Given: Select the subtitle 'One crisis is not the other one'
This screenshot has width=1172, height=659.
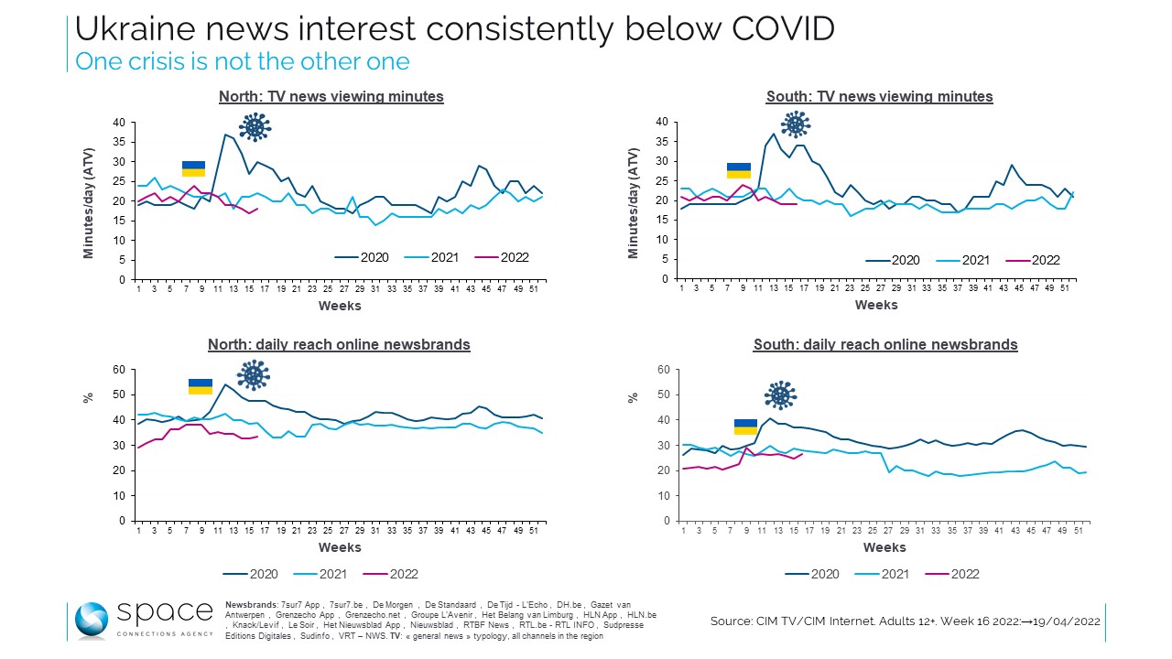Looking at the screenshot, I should pyautogui.click(x=242, y=61).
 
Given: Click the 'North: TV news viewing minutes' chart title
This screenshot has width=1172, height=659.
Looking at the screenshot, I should pyautogui.click(x=331, y=97).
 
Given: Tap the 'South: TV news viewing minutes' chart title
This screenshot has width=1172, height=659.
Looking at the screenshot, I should pyautogui.click(x=879, y=97).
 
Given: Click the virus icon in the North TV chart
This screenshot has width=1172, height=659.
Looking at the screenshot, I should pyautogui.click(x=255, y=126).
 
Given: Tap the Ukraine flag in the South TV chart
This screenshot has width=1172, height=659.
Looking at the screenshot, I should pyautogui.click(x=738, y=171).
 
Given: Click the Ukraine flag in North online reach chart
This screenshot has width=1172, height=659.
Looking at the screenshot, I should pyautogui.click(x=201, y=386).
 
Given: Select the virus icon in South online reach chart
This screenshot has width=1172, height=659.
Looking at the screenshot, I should pyautogui.click(x=780, y=395).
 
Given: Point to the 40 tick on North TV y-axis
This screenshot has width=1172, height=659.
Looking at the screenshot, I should pyautogui.click(x=117, y=123).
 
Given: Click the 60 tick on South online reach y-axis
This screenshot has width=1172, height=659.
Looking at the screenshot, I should pyautogui.click(x=665, y=370).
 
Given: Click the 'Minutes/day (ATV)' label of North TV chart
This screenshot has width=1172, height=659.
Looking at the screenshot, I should pyautogui.click(x=90, y=200).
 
